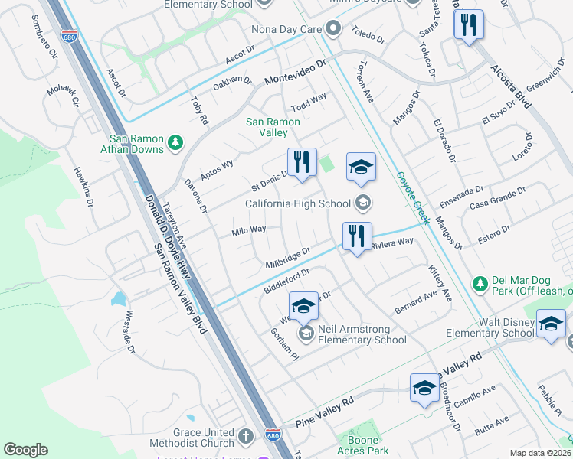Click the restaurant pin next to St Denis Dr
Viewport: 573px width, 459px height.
point(302,162)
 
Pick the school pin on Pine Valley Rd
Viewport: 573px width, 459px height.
point(424,389)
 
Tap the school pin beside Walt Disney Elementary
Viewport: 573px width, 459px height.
point(551,324)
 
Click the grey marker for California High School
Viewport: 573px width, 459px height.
point(363,203)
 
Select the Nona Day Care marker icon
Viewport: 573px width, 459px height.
point(333,31)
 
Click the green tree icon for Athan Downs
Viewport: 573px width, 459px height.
point(175,142)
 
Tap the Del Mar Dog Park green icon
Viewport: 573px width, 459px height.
point(480,284)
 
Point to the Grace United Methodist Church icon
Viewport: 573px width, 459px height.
point(245,437)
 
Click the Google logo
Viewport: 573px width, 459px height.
point(25,449)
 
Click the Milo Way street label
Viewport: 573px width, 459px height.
point(249,229)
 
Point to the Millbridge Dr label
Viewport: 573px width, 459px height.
point(287,257)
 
